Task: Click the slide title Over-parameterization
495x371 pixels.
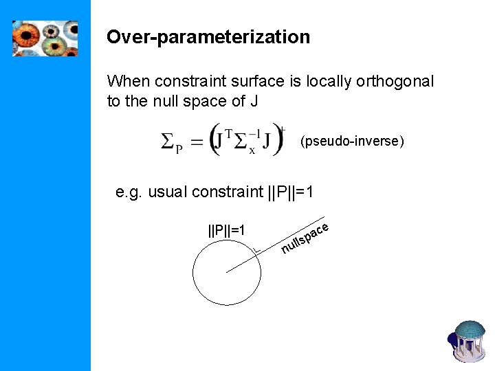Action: [x=208, y=37]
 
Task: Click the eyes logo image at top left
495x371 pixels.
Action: [x=45, y=38]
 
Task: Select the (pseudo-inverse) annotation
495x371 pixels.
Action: [x=352, y=142]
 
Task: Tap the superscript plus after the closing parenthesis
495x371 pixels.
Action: [x=280, y=128]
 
